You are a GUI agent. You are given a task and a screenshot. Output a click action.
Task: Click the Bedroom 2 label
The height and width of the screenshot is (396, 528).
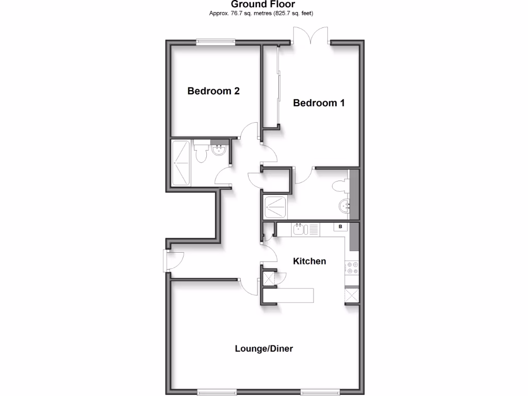(x=213, y=91)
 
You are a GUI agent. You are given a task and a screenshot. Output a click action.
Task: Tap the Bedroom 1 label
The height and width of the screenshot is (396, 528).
(x=319, y=103)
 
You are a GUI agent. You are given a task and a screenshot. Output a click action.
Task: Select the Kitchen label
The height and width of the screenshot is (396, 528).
(x=309, y=261)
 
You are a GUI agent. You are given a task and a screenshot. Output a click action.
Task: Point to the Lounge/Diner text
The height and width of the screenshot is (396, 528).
(x=263, y=349)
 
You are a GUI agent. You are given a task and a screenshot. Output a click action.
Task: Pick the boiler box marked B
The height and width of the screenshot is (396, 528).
(x=340, y=226)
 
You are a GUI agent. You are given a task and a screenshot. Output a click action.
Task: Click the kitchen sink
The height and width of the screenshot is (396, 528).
(x=301, y=228)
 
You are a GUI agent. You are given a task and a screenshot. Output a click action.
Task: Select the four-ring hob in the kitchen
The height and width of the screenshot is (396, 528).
(x=353, y=267)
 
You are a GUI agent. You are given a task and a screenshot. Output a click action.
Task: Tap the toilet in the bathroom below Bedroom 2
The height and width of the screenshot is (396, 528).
(x=201, y=153)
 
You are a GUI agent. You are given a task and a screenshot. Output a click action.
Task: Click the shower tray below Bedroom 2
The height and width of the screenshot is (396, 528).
(x=181, y=163)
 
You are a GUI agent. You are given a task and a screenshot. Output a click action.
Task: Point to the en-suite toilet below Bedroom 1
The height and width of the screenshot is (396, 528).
(x=340, y=185)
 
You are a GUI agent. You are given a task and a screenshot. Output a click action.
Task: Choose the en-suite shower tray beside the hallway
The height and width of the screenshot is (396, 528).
(x=276, y=207)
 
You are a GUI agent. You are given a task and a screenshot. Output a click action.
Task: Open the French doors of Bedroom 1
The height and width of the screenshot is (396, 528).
(x=312, y=36)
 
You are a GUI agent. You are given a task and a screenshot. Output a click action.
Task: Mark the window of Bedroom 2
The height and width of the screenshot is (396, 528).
(x=216, y=43)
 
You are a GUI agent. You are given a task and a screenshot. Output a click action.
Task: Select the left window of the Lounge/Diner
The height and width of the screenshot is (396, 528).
(x=216, y=392)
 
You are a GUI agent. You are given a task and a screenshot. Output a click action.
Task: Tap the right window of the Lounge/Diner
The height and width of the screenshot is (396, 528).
(x=320, y=392)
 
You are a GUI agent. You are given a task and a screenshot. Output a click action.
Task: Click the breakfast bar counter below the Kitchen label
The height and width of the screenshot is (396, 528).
(x=295, y=295)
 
